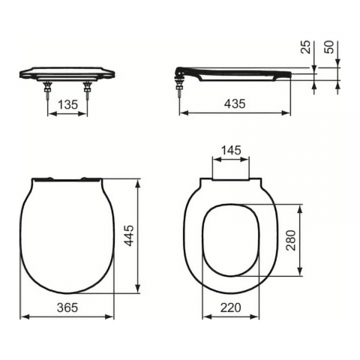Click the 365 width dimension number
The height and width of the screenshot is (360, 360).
[x=67, y=307]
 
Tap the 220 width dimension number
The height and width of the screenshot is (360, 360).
[x=231, y=307]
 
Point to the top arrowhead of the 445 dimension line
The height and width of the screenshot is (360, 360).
[x=139, y=181]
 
